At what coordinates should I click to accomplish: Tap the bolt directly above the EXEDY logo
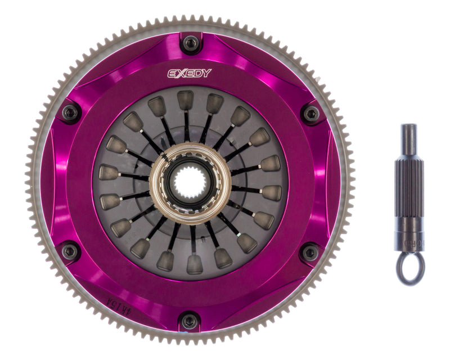[x=190, y=42]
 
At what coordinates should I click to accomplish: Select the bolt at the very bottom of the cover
[x=190, y=321]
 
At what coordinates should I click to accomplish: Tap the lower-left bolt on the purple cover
[x=70, y=251]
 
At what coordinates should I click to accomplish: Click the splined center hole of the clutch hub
[x=190, y=181]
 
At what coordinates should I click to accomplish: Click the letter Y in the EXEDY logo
[x=208, y=73]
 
